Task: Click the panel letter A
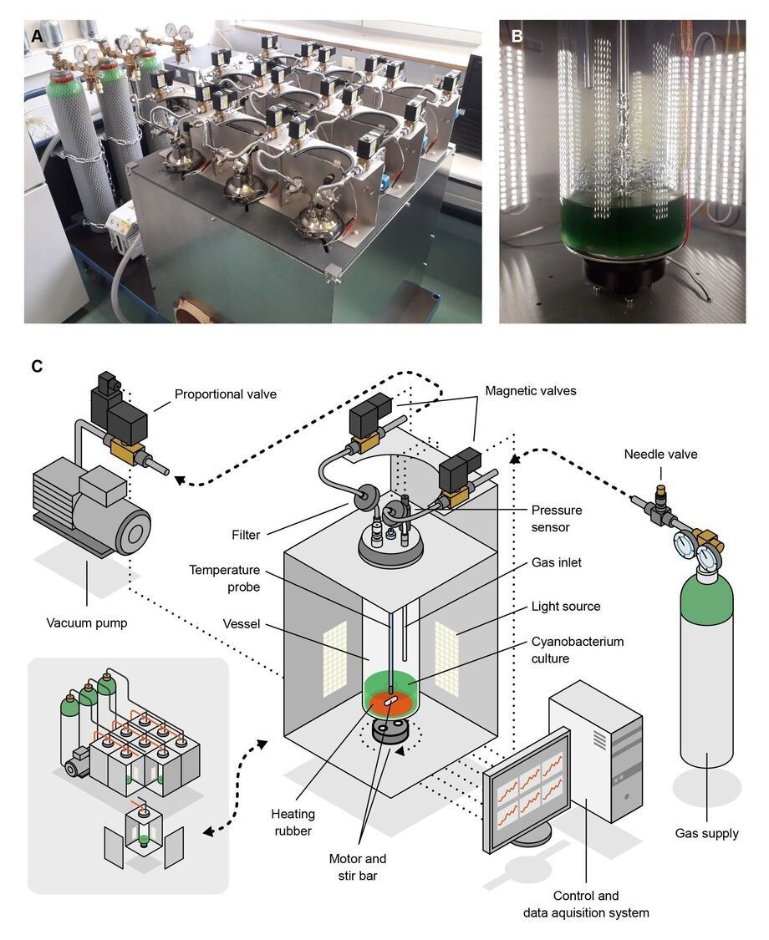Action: click(36, 36)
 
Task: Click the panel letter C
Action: click(37, 366)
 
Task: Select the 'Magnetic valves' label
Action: click(530, 390)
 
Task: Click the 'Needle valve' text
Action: click(660, 455)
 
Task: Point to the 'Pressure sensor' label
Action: click(557, 518)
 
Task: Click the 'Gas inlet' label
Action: click(557, 563)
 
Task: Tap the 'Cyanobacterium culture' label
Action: click(578, 650)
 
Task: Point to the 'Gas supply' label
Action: click(706, 833)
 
